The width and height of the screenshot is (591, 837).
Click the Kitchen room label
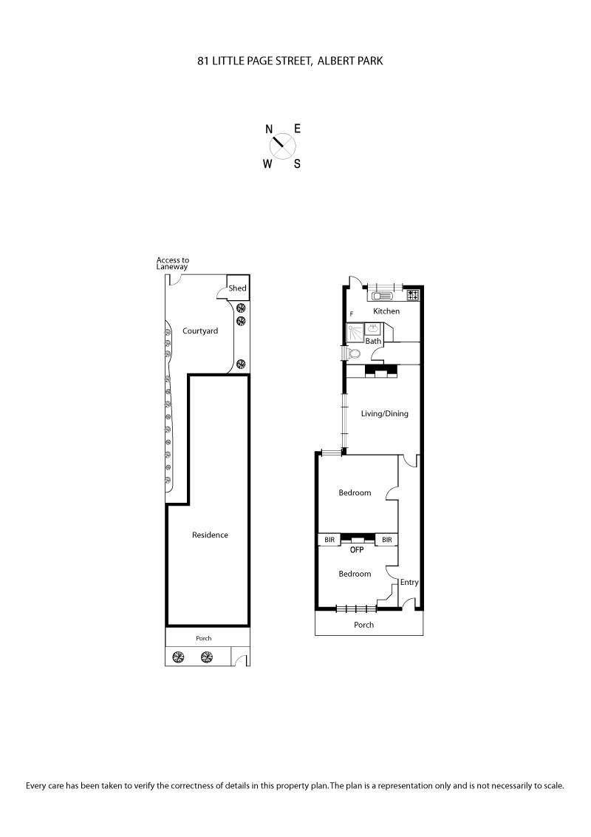point(386,311)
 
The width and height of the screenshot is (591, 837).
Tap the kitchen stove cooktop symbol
point(413,295)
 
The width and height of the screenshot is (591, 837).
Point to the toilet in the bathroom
point(355,353)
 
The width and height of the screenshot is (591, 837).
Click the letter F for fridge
point(352,314)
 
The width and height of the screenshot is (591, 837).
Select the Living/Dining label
point(384,413)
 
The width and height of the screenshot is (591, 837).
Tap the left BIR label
point(329,541)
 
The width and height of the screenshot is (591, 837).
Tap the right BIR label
point(386,541)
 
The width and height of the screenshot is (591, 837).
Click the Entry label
point(409,583)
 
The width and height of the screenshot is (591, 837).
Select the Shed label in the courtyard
point(237,288)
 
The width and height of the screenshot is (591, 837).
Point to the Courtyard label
point(200,331)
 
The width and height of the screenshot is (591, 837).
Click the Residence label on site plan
point(210,535)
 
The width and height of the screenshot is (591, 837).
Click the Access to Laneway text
point(173,264)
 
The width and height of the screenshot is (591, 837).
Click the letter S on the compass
point(297,165)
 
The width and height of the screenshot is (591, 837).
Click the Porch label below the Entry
point(363,625)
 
